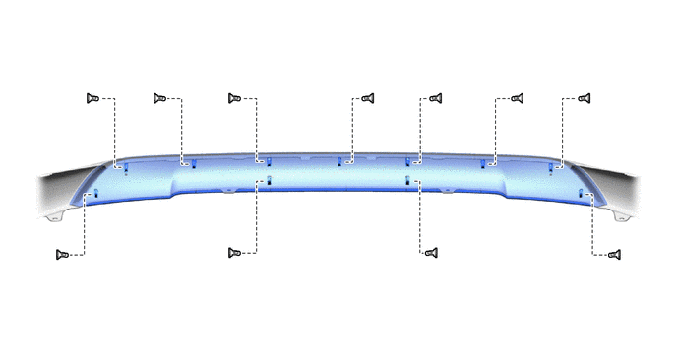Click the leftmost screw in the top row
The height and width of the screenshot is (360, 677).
click(x=93, y=98)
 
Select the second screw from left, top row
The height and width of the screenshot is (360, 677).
click(x=159, y=98)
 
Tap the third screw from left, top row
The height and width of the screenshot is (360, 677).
click(x=234, y=98)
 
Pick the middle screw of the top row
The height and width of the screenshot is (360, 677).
click(x=367, y=98)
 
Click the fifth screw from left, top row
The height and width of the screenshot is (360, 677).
click(x=434, y=98)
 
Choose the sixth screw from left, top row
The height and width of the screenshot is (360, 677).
click(x=516, y=98)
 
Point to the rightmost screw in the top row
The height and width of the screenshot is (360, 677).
click(x=583, y=98)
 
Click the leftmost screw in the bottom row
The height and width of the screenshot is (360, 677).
click(x=63, y=254)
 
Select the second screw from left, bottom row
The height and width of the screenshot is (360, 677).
click(x=234, y=253)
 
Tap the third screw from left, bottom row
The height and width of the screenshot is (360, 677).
click(x=430, y=253)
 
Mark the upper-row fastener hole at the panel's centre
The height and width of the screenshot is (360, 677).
click(x=339, y=161)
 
